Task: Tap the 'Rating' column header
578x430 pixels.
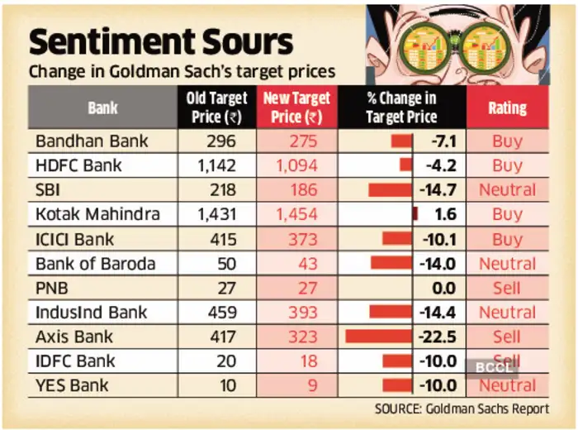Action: (507, 107)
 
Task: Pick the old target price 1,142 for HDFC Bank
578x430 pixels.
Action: (217, 165)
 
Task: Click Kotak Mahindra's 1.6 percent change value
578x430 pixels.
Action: (445, 214)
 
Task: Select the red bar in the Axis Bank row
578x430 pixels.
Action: (378, 337)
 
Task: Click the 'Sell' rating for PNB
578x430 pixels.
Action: (507, 288)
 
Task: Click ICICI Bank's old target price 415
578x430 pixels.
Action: (217, 239)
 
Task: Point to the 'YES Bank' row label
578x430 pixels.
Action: (72, 385)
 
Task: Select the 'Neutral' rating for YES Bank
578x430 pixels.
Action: (507, 385)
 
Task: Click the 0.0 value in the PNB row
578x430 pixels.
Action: (445, 288)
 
